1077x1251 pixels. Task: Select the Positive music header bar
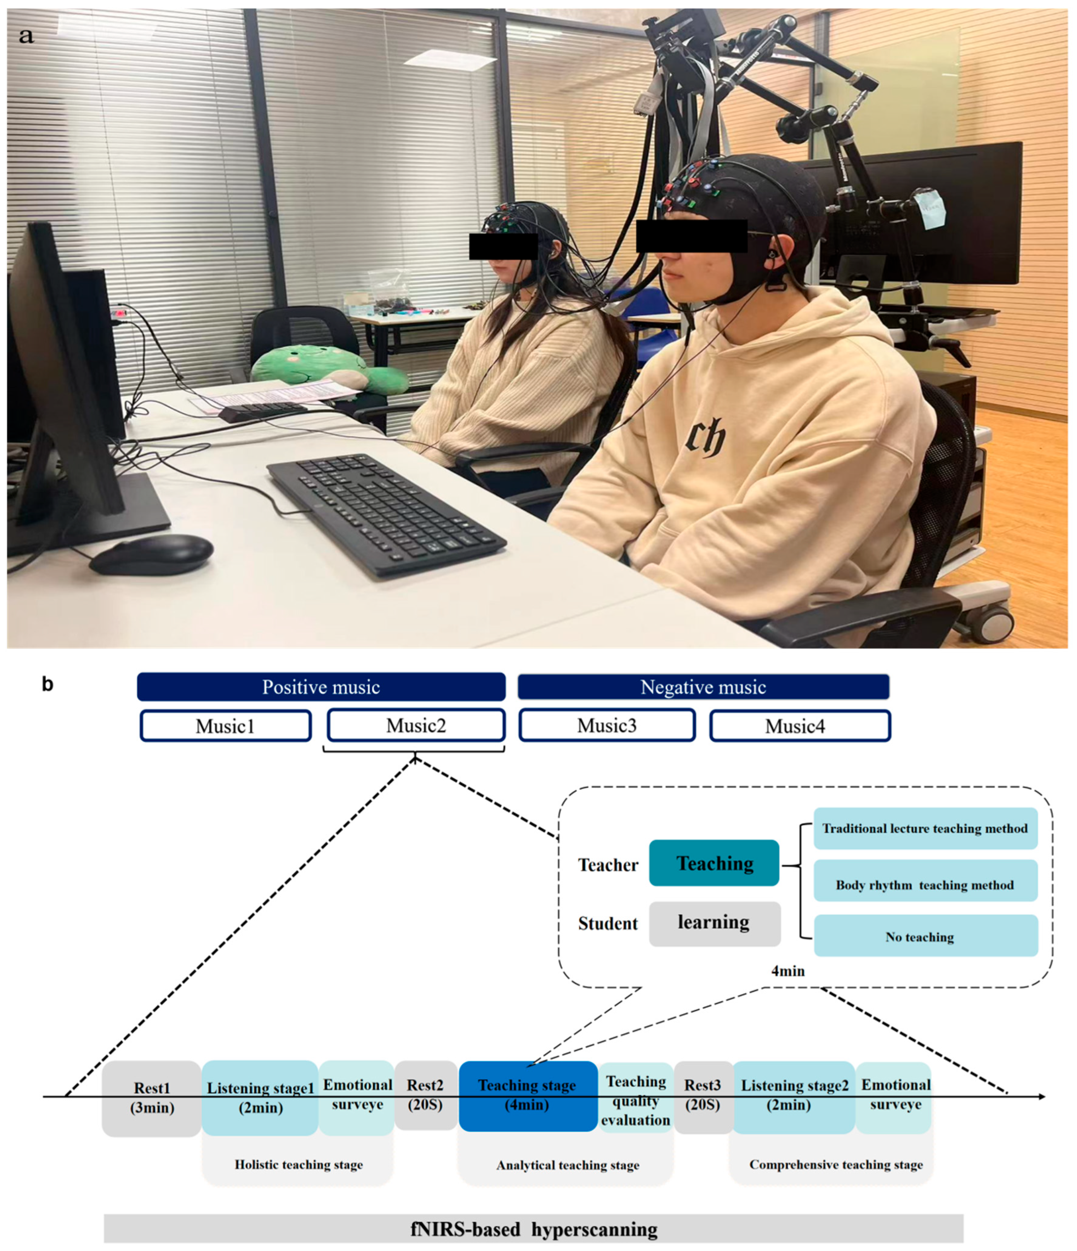(321, 687)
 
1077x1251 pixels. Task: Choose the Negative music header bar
(703, 687)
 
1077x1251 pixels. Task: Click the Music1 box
(226, 726)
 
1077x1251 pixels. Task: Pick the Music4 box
(800, 726)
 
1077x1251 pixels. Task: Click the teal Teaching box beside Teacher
(714, 863)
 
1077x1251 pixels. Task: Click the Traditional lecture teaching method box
(925, 828)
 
